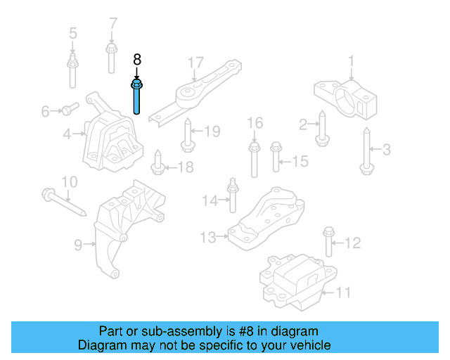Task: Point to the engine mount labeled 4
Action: coord(112,141)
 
